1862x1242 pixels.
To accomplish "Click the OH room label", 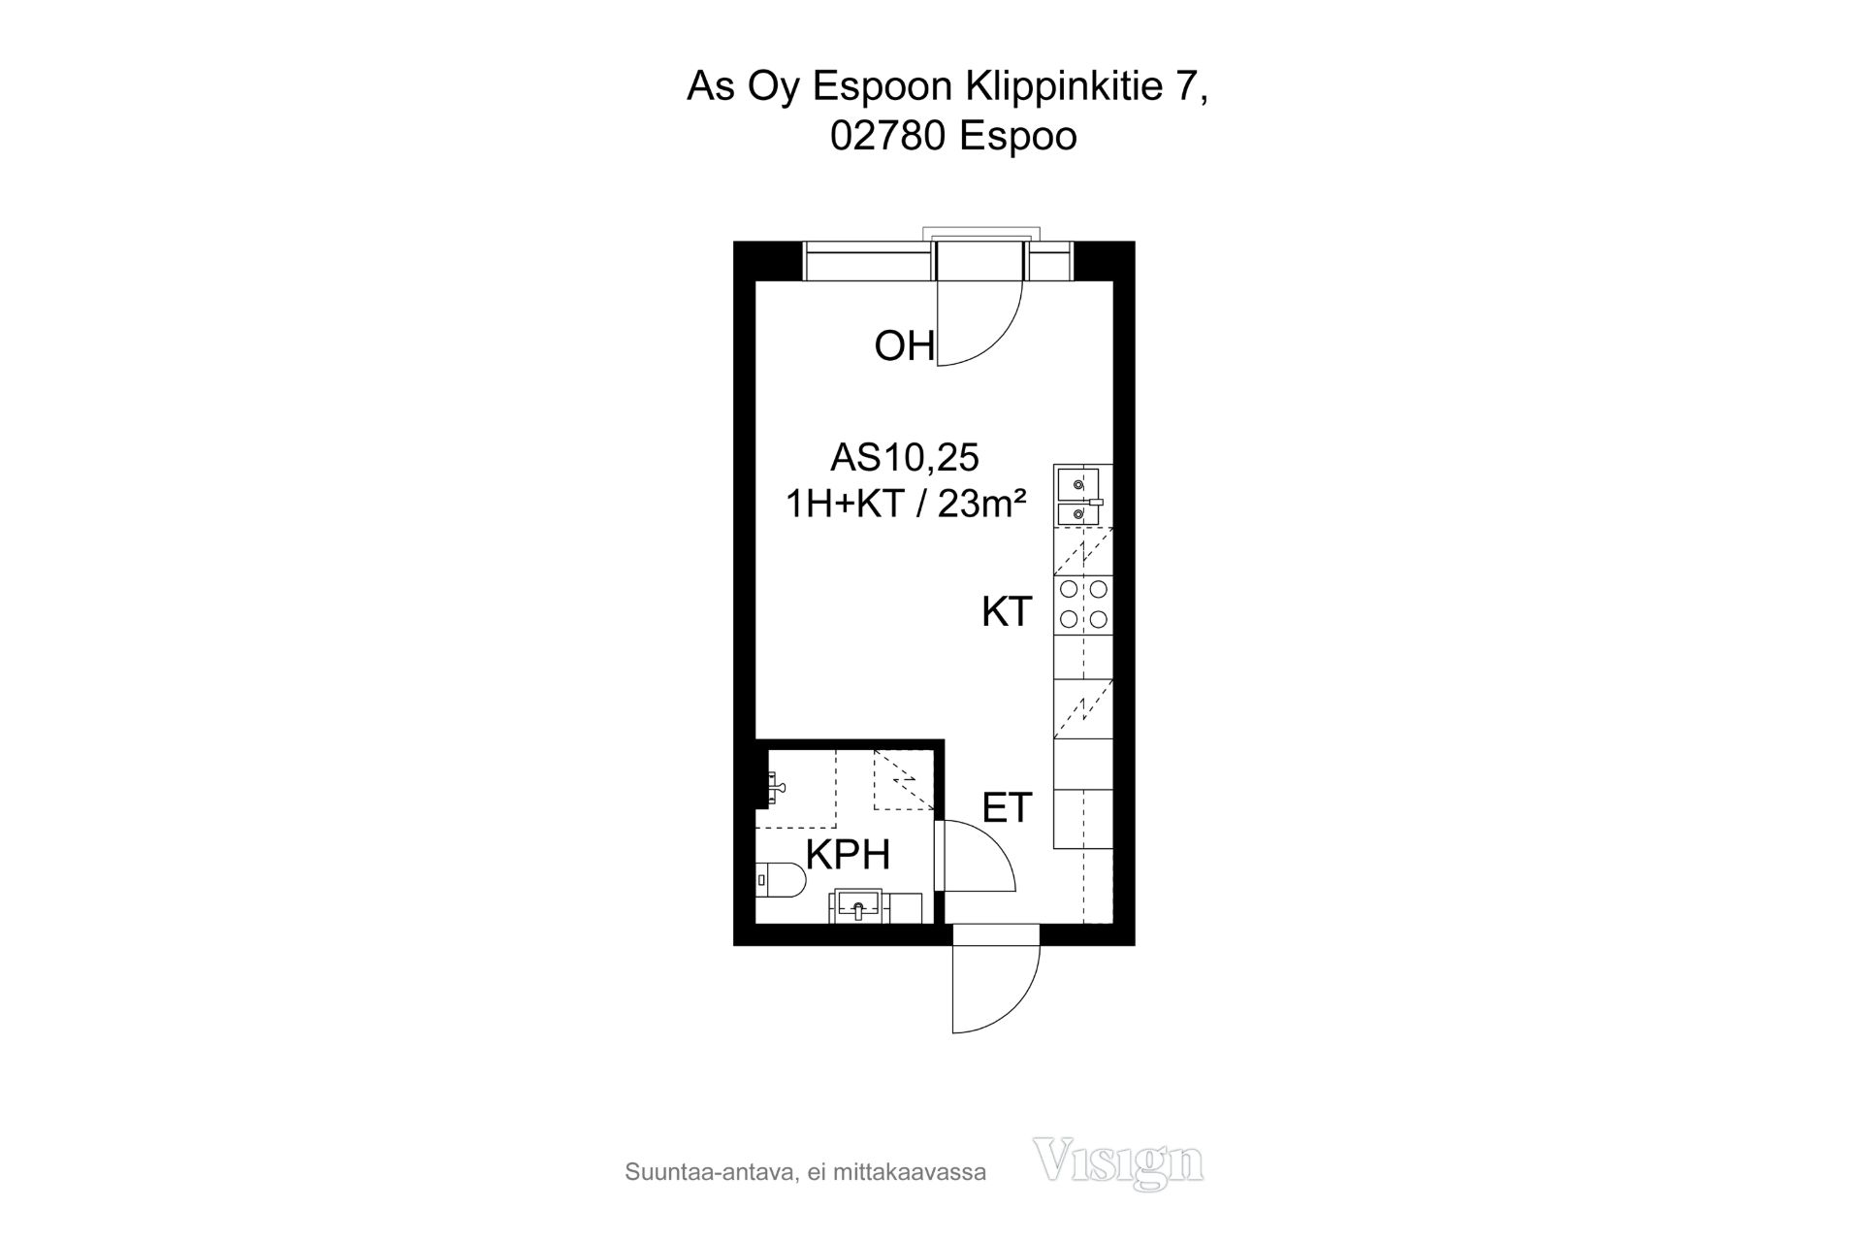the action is [904, 346].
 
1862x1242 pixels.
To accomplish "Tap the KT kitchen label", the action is [1006, 612].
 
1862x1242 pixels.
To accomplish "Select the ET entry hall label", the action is [1007, 807].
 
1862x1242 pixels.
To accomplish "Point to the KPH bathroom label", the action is [848, 855].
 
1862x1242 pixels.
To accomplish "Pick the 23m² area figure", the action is [982, 505].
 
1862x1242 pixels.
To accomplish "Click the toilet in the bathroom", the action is [781, 881].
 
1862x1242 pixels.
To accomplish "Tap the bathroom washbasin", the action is [856, 906].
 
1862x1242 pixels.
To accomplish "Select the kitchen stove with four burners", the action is [1083, 604].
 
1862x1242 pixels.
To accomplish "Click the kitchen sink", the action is [1079, 496].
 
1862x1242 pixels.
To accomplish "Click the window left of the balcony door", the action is [869, 262].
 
